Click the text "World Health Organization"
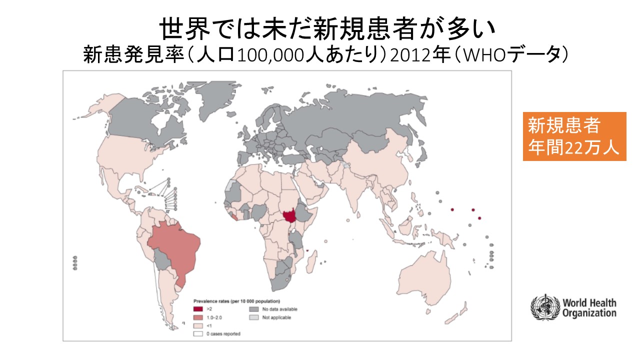pos(589,308)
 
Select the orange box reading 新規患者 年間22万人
pos(574,136)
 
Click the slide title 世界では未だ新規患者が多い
pos(328,29)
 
